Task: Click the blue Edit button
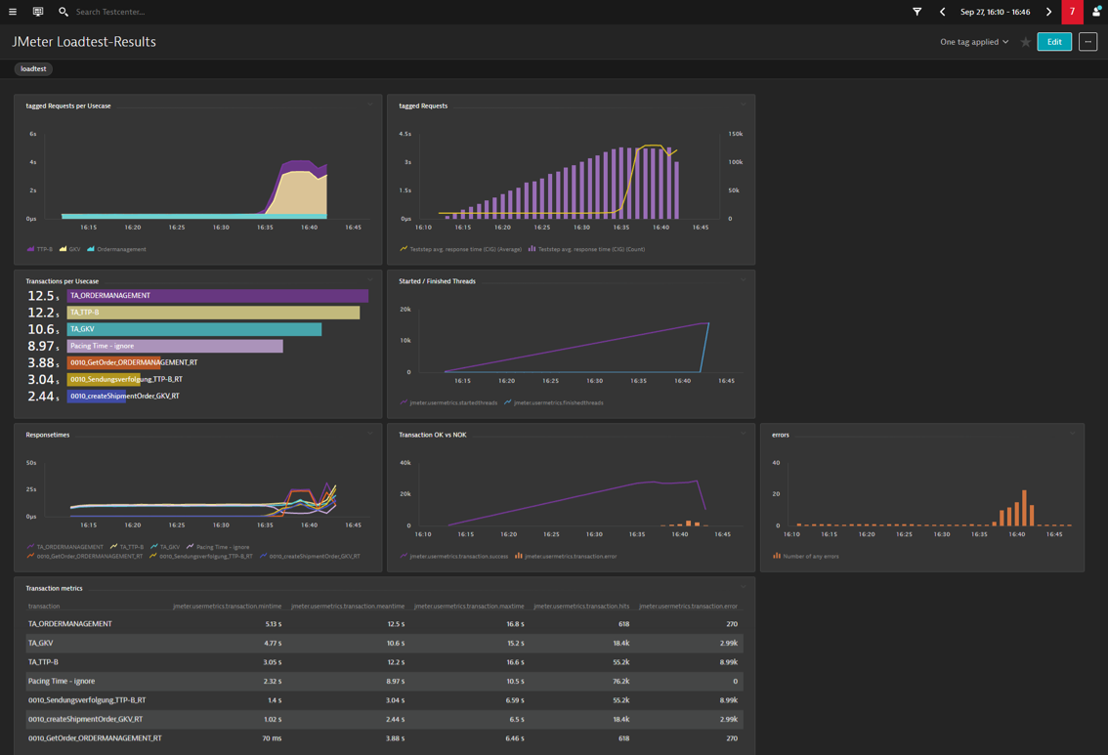tap(1053, 42)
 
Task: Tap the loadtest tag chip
tap(33, 69)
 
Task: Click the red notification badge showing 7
tap(1072, 12)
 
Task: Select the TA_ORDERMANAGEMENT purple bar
tap(217, 296)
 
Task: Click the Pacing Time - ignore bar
tap(175, 346)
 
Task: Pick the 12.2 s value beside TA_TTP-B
tap(43, 313)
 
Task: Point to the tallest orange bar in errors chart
tap(1024, 508)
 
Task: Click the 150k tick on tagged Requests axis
tap(735, 134)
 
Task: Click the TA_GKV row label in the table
tap(41, 643)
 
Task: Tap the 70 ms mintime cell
tap(272, 738)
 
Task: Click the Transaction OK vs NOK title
tap(432, 435)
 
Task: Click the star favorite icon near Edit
tap(1025, 42)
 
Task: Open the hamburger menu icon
tap(13, 12)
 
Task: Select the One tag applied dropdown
tap(974, 42)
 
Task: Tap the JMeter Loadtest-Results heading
tap(84, 42)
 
